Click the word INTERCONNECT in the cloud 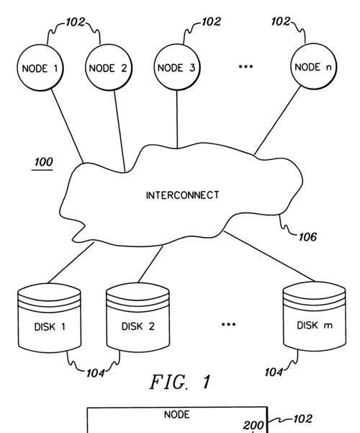(182, 195)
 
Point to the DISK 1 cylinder (50, 318)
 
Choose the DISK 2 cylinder (138, 317)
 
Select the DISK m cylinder (315, 316)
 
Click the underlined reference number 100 (43, 162)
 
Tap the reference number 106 (307, 237)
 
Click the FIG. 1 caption (180, 382)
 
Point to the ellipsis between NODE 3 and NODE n (246, 66)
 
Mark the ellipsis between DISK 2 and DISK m (228, 324)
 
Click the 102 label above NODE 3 (211, 22)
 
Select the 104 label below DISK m (274, 372)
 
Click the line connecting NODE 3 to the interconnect (177, 120)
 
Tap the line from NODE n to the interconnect (277, 120)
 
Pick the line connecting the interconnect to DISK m (269, 256)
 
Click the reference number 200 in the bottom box (253, 425)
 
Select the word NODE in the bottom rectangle (176, 414)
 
